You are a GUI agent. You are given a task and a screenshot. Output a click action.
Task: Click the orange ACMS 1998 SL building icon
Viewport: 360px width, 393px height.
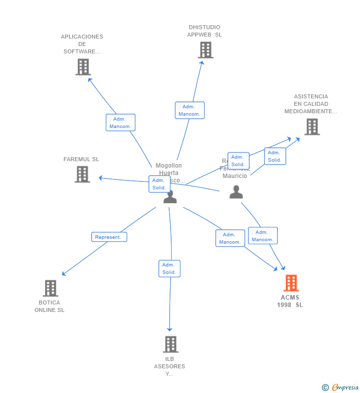[x=291, y=283]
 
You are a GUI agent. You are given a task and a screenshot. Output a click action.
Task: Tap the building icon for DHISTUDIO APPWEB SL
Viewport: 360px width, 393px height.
[x=205, y=50]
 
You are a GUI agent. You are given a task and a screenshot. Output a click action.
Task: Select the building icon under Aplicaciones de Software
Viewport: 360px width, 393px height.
[x=83, y=67]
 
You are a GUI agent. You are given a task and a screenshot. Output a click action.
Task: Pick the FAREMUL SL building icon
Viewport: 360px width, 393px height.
[x=82, y=174]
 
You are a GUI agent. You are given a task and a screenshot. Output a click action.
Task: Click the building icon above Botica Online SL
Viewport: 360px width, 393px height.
[x=50, y=288]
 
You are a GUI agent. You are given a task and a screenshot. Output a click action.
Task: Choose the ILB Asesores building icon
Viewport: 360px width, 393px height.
[x=170, y=344]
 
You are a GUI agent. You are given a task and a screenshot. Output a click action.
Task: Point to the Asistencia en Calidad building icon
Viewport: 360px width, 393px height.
[x=312, y=127]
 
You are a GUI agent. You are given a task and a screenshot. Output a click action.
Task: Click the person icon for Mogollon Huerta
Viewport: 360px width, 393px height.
[x=170, y=197]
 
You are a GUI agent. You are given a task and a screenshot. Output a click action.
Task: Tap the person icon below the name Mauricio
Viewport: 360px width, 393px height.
[x=236, y=192]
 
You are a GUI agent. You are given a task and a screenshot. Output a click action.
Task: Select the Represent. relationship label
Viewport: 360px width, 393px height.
[x=109, y=237]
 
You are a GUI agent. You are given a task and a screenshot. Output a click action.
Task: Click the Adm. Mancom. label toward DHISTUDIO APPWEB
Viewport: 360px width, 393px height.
[x=189, y=110]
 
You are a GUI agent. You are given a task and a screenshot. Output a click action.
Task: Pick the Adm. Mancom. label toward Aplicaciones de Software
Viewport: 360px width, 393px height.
[x=120, y=123]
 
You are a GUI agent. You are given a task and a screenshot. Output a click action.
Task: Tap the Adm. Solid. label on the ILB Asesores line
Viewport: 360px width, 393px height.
[x=169, y=268]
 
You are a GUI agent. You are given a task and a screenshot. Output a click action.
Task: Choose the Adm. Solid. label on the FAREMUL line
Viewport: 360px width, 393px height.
[x=159, y=184]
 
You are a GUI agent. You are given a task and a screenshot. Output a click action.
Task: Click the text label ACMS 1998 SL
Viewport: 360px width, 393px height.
[x=290, y=301]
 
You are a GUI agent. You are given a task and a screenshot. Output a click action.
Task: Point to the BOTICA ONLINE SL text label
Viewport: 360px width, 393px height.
[x=49, y=306]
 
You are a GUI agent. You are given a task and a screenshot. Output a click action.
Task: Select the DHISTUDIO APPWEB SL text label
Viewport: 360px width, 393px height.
[x=204, y=31]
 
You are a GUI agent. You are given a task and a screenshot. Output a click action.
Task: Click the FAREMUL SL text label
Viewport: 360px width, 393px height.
[x=81, y=159]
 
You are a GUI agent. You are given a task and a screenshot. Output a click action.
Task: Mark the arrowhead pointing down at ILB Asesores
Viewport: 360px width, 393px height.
[x=170, y=329]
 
